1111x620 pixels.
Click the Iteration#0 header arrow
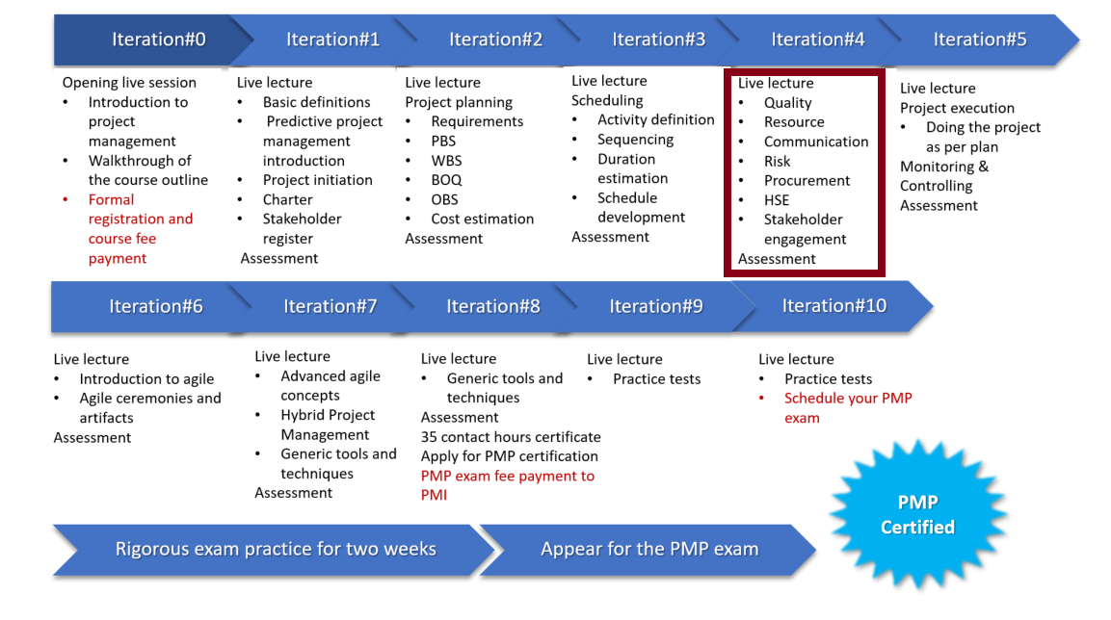(152, 39)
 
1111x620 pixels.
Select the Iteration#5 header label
(979, 39)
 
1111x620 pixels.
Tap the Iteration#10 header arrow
(833, 306)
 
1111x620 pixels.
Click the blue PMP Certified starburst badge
(918, 514)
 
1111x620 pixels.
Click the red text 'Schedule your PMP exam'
(848, 407)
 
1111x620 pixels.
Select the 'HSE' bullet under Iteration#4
(777, 200)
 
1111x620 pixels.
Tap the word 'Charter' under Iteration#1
(288, 199)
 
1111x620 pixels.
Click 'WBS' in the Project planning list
(446, 161)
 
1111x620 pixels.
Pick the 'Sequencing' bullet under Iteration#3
(636, 140)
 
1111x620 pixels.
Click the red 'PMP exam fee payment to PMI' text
(507, 485)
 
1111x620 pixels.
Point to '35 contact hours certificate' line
(511, 437)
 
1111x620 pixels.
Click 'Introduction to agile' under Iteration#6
(146, 378)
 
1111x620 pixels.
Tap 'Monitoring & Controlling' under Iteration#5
(944, 176)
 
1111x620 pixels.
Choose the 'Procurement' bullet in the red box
(807, 180)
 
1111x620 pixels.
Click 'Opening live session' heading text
(129, 83)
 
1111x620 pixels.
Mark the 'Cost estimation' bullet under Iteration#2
(483, 219)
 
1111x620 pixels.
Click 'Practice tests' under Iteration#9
(657, 378)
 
